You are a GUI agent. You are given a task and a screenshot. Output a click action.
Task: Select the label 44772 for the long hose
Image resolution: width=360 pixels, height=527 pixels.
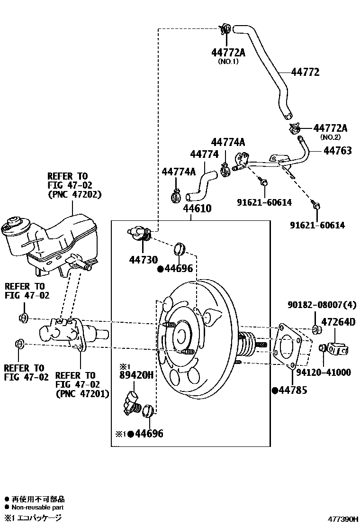pyautogui.click(x=305, y=73)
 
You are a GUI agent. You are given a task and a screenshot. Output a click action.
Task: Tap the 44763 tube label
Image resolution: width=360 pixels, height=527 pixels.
pyautogui.click(x=337, y=151)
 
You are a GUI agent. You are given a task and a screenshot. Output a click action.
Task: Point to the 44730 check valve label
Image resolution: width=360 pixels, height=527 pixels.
pyautogui.click(x=143, y=259)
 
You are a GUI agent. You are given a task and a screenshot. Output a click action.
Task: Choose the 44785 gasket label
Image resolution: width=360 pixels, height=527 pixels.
pyautogui.click(x=293, y=391)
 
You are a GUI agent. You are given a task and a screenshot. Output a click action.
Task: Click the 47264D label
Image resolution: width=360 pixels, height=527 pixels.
pyautogui.click(x=338, y=322)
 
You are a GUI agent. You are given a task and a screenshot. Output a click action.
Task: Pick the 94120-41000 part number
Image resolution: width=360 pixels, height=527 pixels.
pyautogui.click(x=324, y=373)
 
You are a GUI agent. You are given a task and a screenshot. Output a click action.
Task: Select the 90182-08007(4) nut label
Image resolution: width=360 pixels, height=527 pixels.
pyautogui.click(x=322, y=304)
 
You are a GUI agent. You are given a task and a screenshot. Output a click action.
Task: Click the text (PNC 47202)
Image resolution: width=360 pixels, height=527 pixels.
pyautogui.click(x=74, y=194)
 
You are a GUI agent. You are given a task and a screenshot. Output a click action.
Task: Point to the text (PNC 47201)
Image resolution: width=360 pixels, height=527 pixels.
pyautogui.click(x=82, y=393)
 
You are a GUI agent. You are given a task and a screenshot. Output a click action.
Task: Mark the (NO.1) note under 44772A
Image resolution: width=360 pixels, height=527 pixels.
pyautogui.click(x=228, y=61)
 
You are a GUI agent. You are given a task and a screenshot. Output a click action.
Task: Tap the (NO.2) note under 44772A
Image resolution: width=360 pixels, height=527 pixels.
pyautogui.click(x=331, y=137)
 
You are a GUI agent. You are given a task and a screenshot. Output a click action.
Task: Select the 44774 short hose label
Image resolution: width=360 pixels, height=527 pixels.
pyautogui.click(x=204, y=154)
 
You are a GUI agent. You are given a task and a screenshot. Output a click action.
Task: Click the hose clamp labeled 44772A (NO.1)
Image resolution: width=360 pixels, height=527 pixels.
pyautogui.click(x=225, y=29)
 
